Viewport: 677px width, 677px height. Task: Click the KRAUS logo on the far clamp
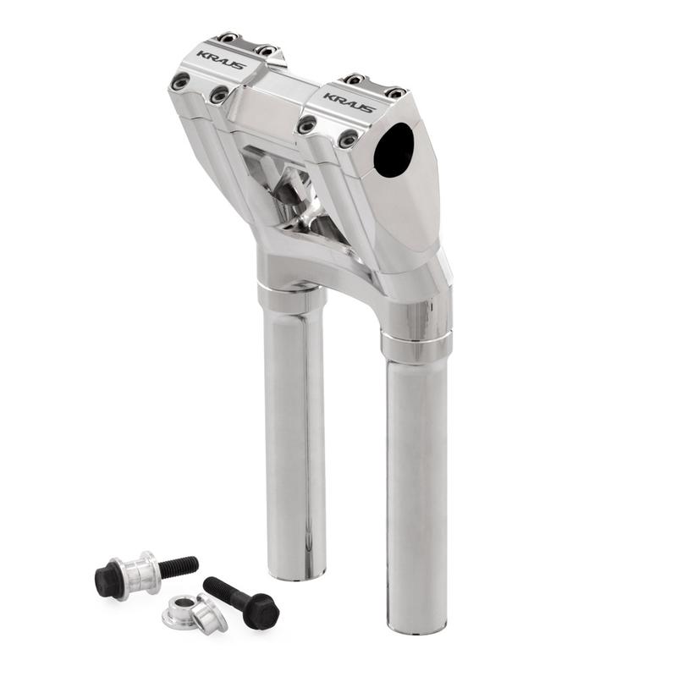[x=222, y=60]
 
